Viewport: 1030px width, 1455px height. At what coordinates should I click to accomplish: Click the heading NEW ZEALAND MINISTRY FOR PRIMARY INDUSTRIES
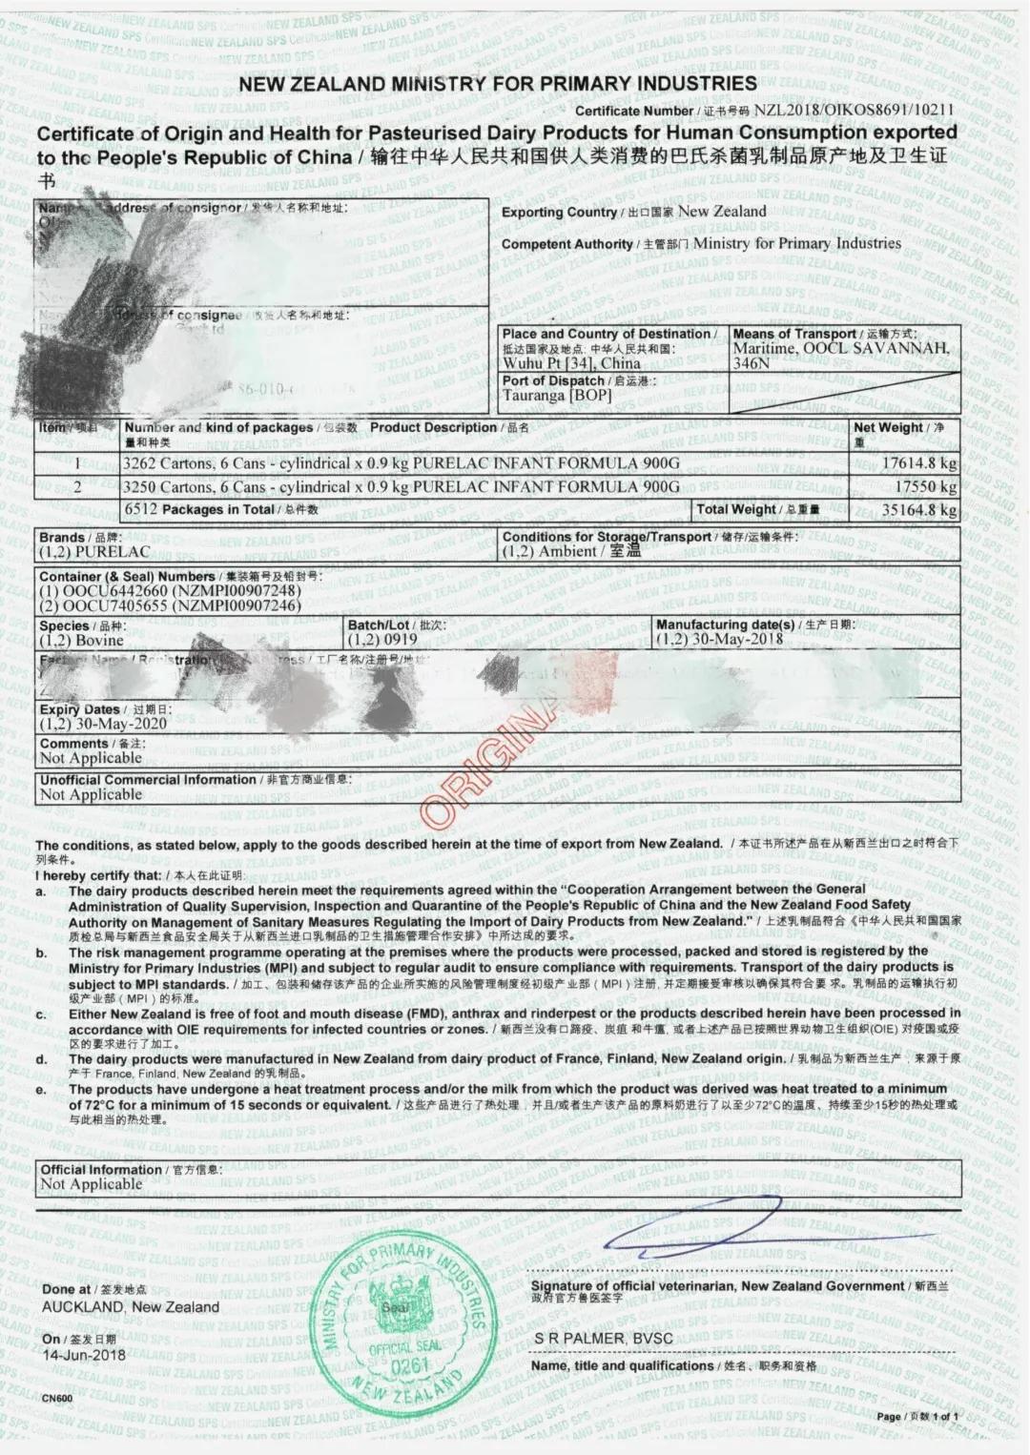498,84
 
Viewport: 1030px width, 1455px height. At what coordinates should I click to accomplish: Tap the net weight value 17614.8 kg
919,463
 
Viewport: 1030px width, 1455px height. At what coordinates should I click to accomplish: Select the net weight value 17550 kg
925,486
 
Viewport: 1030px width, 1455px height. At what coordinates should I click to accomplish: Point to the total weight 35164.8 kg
919,509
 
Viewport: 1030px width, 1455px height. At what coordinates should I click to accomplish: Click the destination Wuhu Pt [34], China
571,363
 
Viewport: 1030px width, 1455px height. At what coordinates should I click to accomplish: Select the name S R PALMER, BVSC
603,1338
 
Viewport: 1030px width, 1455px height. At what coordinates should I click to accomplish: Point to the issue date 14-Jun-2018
84,1355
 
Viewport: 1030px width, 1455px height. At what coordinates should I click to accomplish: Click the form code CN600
57,1398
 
